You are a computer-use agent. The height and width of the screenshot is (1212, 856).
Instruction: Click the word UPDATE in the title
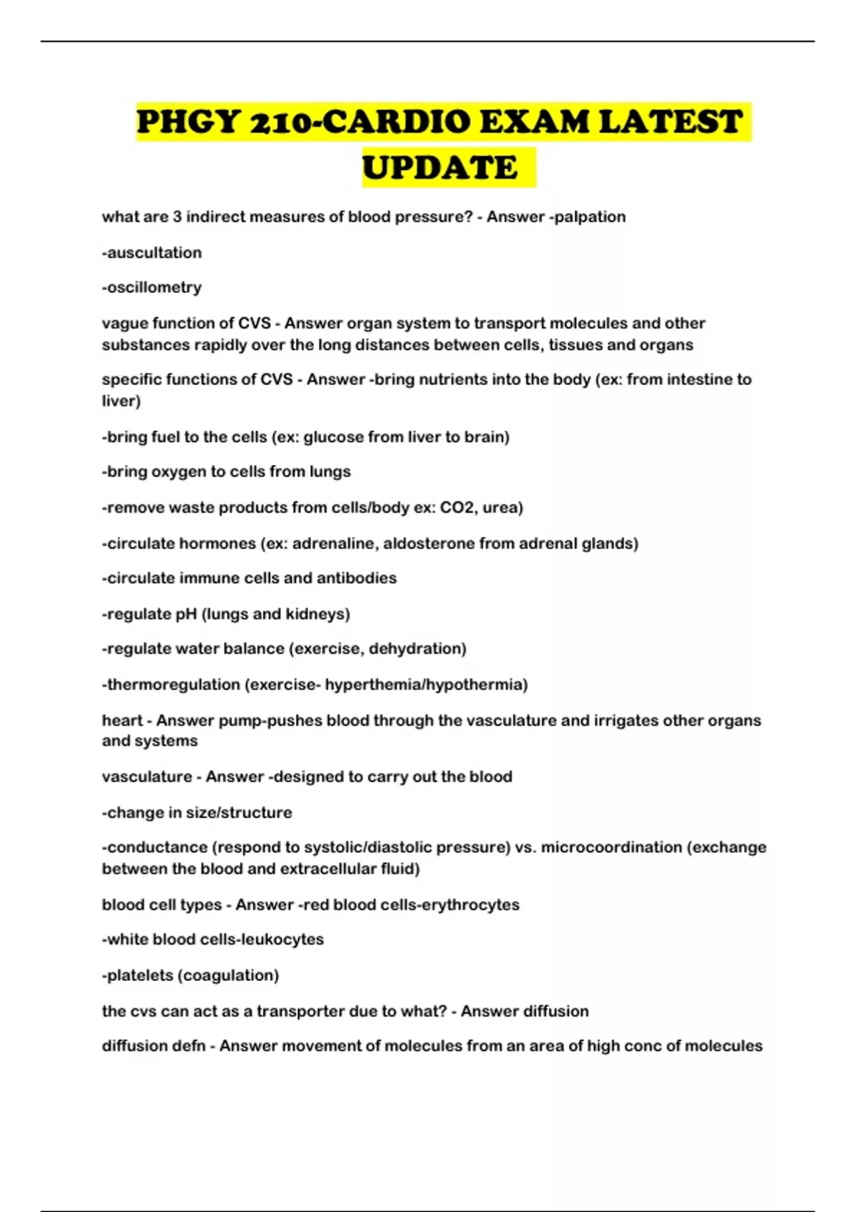440,168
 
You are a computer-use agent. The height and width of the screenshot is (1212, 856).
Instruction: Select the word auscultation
154,252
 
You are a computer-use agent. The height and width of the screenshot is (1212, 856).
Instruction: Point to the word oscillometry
154,287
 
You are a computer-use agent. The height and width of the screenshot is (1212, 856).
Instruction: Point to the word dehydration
415,649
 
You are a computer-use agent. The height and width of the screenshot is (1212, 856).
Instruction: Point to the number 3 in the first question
177,217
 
